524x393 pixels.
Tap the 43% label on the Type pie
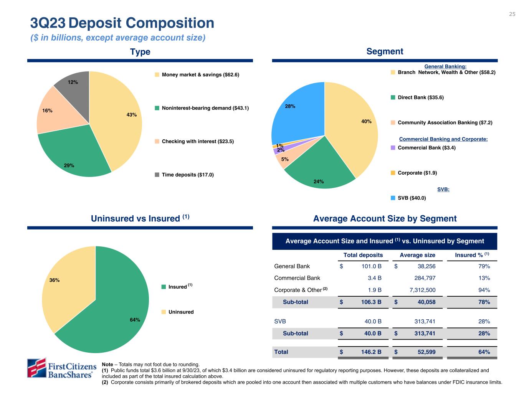(132, 114)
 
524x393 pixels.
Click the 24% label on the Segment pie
(319, 182)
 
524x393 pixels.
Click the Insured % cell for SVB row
(484, 321)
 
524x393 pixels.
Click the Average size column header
(417, 255)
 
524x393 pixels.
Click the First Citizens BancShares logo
(61, 368)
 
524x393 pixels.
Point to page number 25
(512, 14)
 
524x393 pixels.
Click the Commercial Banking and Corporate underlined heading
(443, 139)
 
